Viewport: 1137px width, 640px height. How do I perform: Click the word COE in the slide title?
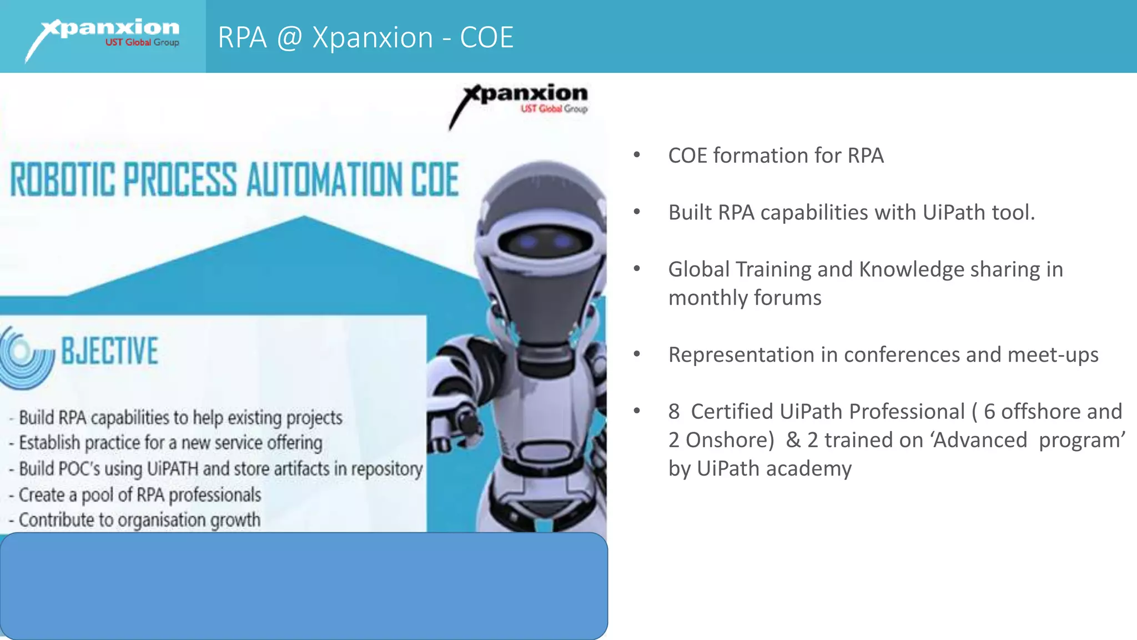[486, 38]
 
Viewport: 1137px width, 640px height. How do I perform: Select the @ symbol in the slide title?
[289, 38]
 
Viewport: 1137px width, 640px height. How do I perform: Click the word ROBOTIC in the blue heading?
[63, 180]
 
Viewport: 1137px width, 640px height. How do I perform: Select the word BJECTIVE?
[109, 351]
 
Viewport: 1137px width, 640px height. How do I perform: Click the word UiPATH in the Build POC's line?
[172, 469]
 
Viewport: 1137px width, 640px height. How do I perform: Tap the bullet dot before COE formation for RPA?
[637, 156]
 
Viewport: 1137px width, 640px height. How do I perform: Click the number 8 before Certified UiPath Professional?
[674, 412]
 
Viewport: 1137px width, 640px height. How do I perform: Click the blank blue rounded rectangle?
[304, 586]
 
